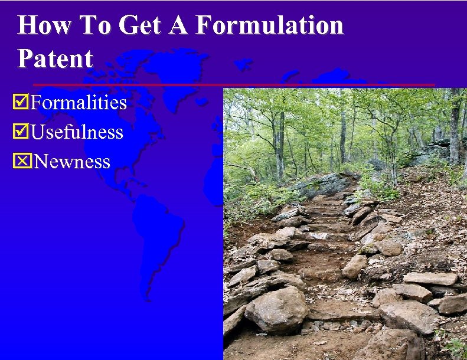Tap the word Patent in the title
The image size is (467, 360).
click(55, 58)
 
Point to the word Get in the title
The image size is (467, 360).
click(139, 25)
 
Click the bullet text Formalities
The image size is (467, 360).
click(79, 103)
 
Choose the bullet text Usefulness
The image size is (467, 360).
click(77, 132)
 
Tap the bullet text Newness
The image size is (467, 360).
click(72, 161)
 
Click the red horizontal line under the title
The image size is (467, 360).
click(233, 85)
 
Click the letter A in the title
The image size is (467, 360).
click(181, 25)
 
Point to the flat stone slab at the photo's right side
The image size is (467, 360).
click(430, 279)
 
